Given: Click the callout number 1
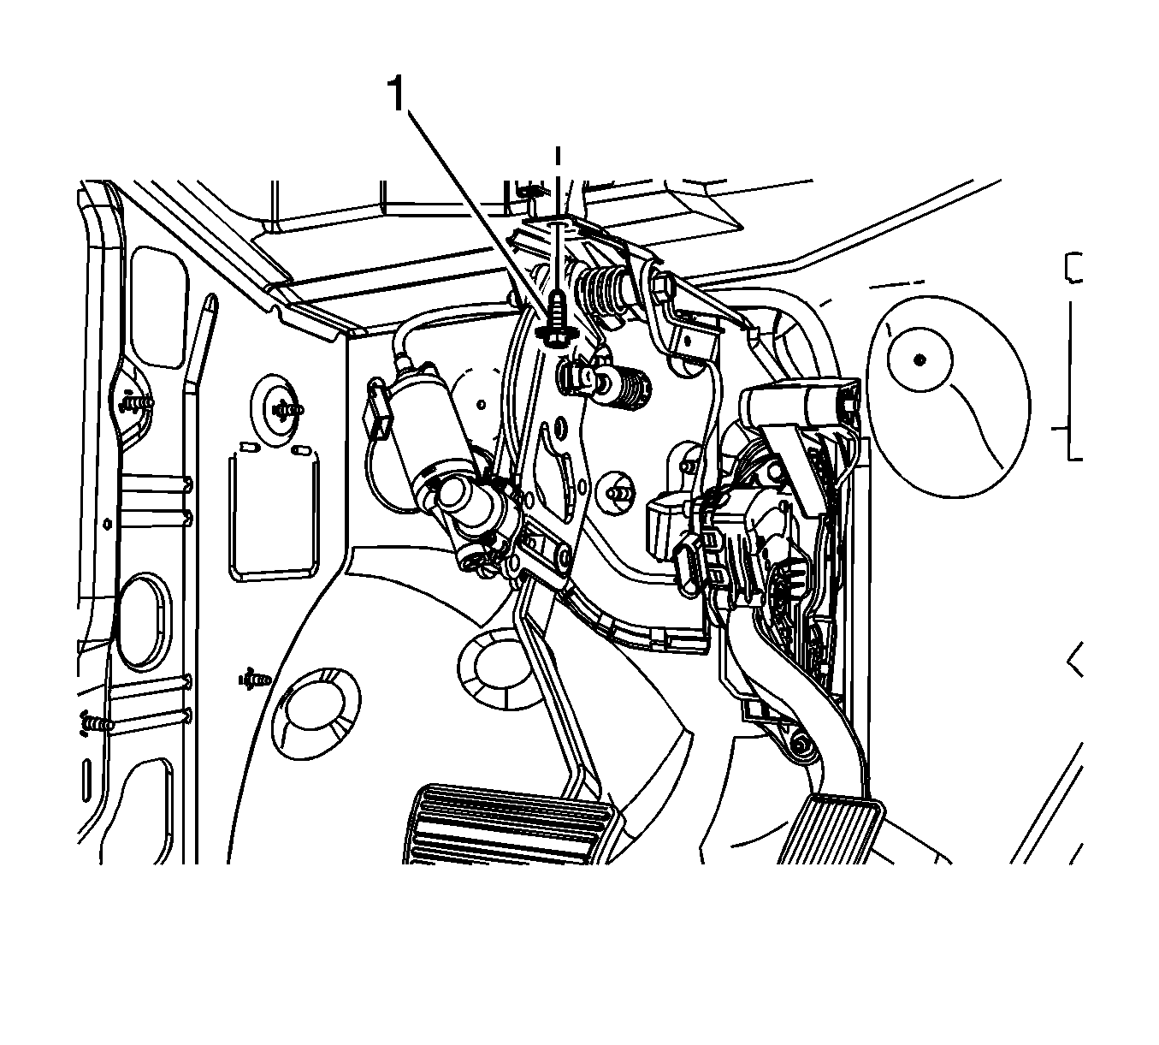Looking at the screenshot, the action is pos(397,95).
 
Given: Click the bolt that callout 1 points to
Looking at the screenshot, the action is pos(557,320).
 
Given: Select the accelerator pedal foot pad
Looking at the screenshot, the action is pos(832,832).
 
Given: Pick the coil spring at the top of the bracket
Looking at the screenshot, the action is pos(605,288).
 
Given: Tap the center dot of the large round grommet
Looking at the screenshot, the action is pos(920,359).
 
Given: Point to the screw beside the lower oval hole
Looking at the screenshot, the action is pos(254,679).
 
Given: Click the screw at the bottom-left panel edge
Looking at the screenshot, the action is pos(96,724).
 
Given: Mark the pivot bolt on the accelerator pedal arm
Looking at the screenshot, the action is pos(801,746).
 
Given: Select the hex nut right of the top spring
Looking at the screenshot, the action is pos(663,286).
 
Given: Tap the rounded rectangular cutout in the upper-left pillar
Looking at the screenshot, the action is pos(160,306).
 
